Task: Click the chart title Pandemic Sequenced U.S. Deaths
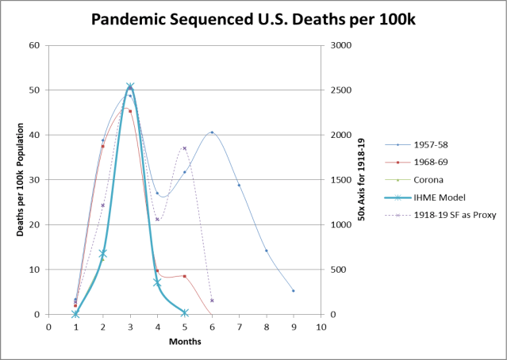[253, 18]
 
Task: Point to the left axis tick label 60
[35, 45]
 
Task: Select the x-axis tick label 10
[321, 326]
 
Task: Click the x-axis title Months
[184, 342]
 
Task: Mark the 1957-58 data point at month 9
[293, 290]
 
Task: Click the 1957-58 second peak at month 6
[212, 132]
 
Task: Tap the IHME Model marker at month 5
[184, 312]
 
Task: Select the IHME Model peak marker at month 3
[130, 86]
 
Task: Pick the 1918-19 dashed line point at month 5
[184, 148]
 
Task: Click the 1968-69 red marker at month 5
[184, 276]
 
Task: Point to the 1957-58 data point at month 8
[266, 251]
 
